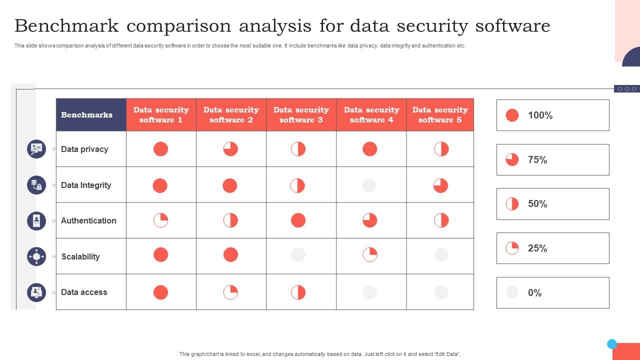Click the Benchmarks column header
tap(86, 115)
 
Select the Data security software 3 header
tap(301, 115)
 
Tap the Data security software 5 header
tap(440, 115)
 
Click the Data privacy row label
tap(84, 149)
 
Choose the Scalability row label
tap(80, 256)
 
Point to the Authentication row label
tap(88, 220)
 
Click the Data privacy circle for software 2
tap(230, 149)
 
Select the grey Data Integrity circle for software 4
tap(369, 185)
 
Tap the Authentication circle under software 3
tap(298, 220)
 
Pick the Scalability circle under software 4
tap(370, 254)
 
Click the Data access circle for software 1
tap(160, 292)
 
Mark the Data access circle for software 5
tap(441, 292)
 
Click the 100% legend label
tap(540, 115)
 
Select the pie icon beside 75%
tap(512, 160)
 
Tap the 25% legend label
tap(537, 248)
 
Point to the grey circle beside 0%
tap(512, 292)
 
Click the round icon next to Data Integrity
tap(36, 185)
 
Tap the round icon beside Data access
tap(36, 292)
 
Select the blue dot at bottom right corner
tap(612, 344)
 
